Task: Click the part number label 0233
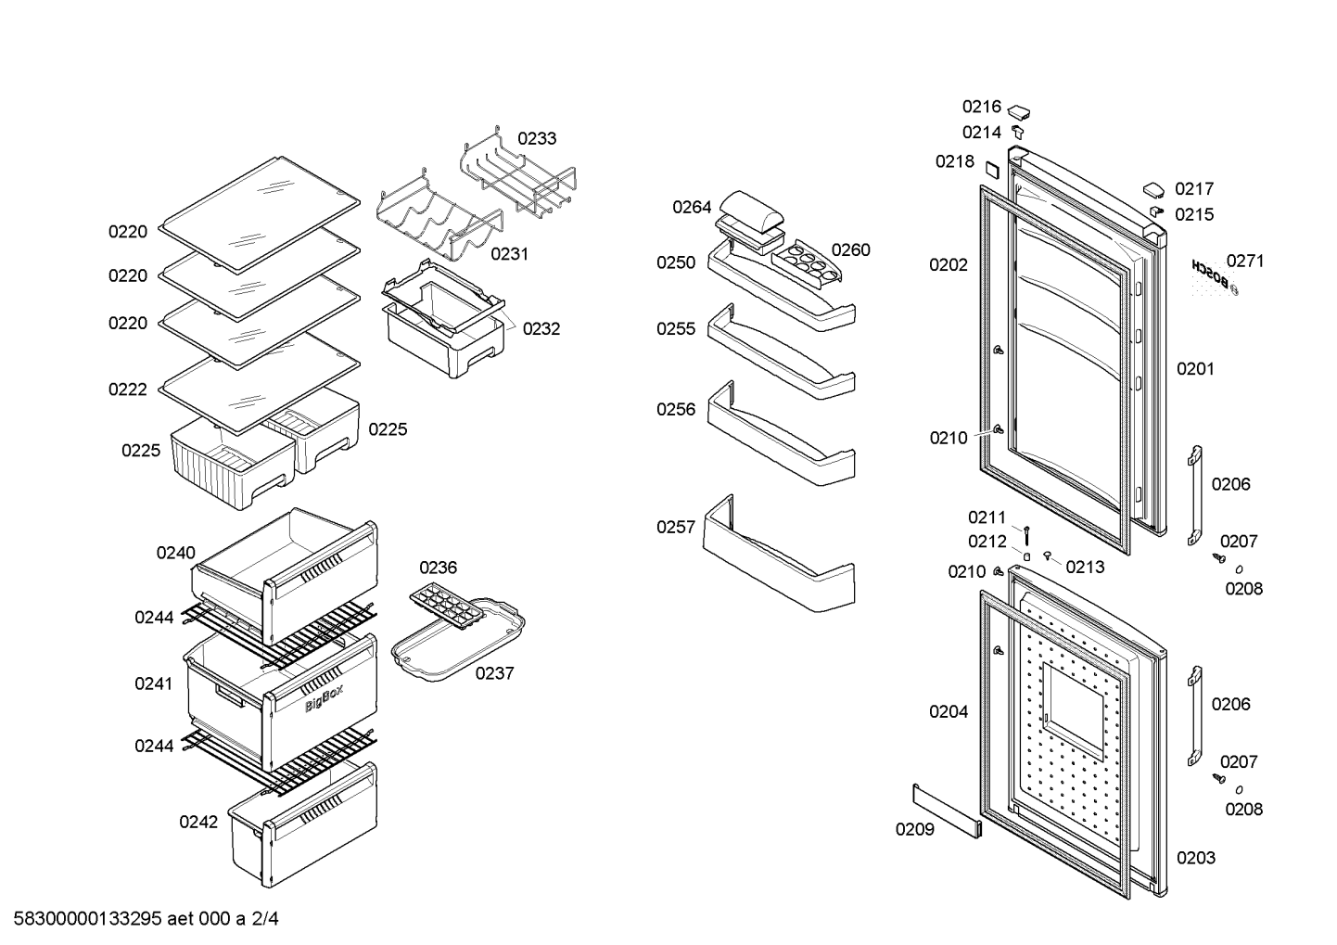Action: tap(537, 138)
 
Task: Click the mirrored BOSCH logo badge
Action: tap(1214, 277)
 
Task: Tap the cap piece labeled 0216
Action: tap(1019, 111)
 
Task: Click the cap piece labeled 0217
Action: tap(1153, 190)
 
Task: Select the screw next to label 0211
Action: tap(1026, 534)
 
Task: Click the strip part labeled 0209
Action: tap(947, 811)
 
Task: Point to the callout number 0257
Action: tap(676, 527)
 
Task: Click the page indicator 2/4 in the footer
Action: tap(265, 919)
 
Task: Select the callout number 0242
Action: tap(198, 822)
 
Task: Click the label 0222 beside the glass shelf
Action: tap(127, 389)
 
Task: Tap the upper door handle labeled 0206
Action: tap(1194, 495)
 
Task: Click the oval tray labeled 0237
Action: tap(458, 641)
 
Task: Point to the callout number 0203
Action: tap(1195, 858)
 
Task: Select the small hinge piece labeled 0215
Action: tap(1156, 211)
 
